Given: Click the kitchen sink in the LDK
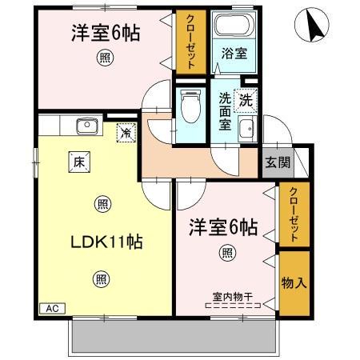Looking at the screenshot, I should tap(84, 126).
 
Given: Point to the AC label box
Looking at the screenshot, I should tap(52, 308).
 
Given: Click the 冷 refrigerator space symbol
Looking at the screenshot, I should tap(126, 131).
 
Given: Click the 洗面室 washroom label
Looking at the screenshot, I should tap(226, 111).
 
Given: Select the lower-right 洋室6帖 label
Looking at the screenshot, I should tap(223, 227).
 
